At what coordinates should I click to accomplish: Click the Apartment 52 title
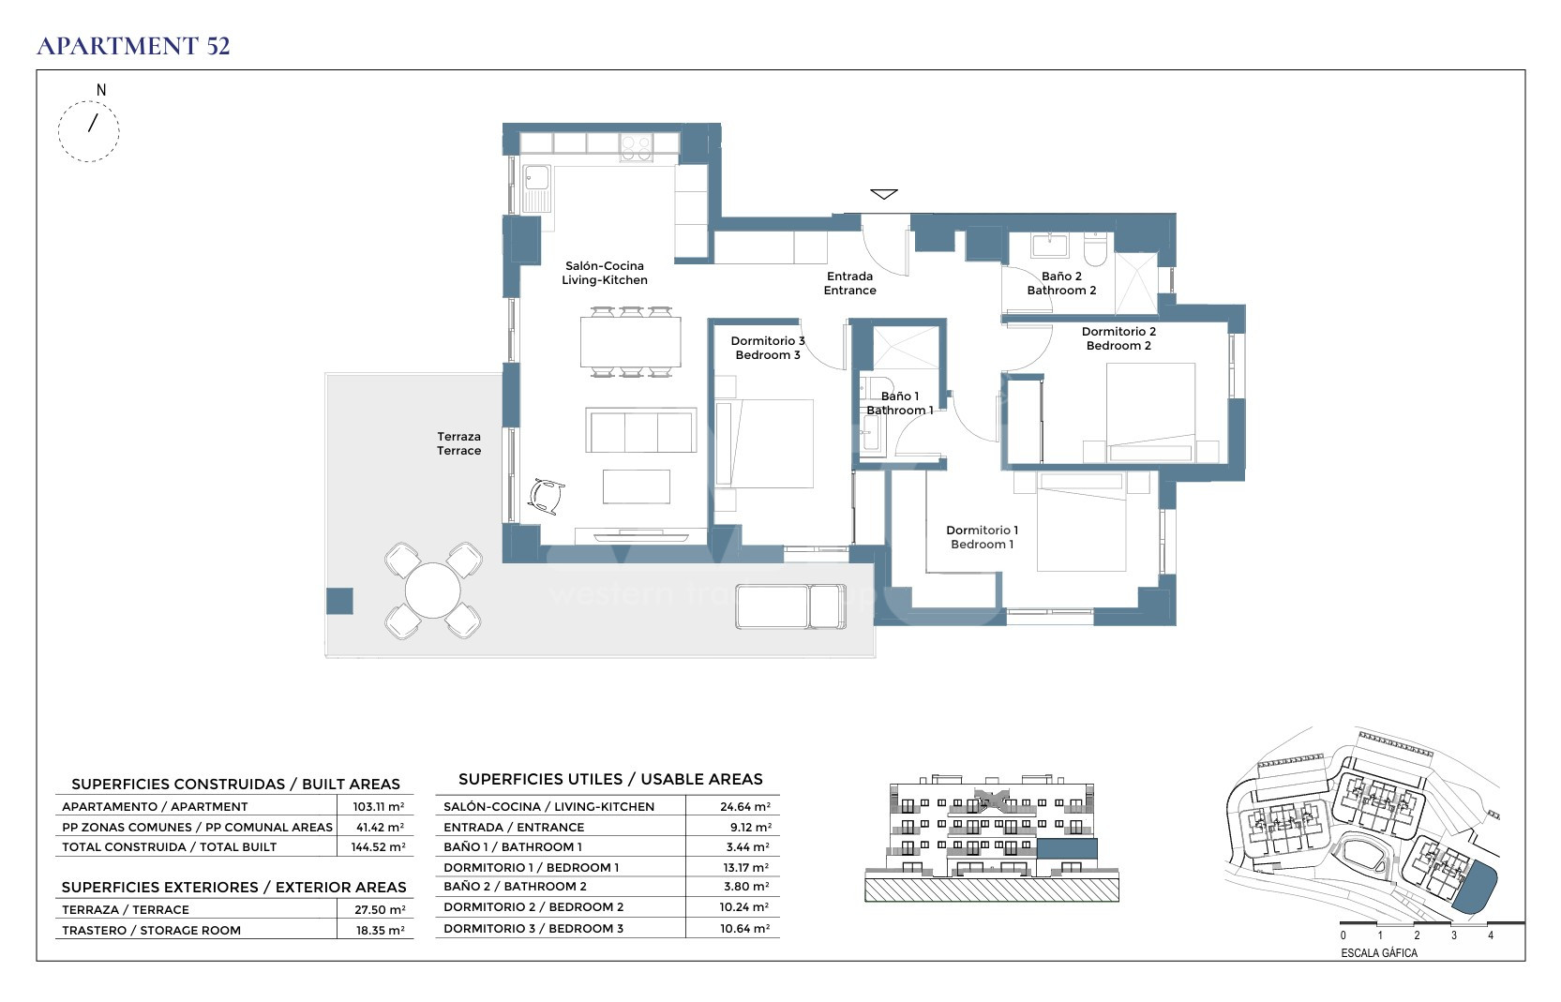[x=133, y=46]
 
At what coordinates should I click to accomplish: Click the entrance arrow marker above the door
[x=884, y=194]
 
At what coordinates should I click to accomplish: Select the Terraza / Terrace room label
[x=458, y=443]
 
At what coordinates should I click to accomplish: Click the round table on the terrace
[x=433, y=591]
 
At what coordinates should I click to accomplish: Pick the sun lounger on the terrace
[x=791, y=606]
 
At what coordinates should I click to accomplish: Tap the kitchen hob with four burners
[x=637, y=148]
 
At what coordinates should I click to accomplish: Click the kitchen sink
[x=536, y=188]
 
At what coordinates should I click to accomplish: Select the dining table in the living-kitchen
[x=631, y=342]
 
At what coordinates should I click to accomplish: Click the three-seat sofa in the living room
[x=641, y=430]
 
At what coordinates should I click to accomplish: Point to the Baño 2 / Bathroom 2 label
[x=1061, y=283]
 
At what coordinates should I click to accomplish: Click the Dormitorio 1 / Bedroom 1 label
[x=982, y=537]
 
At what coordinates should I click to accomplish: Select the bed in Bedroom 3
[x=764, y=443]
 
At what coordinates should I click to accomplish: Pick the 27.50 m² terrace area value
[x=380, y=910]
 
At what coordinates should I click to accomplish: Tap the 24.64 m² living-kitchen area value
[x=745, y=807]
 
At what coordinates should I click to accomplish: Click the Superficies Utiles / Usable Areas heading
[x=610, y=779]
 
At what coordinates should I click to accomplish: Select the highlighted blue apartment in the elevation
[x=1067, y=849]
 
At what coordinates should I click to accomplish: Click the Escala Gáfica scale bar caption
[x=1379, y=953]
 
